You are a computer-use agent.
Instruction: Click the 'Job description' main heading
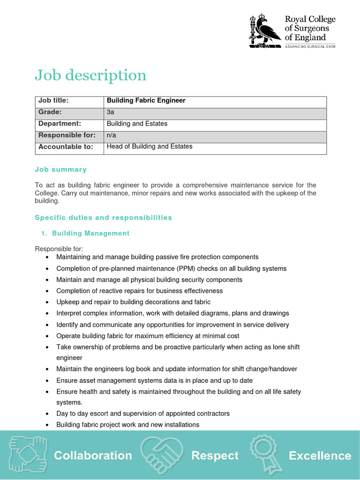point(90,75)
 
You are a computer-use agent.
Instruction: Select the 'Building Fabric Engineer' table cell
point(146,100)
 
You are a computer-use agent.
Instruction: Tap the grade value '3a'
point(111,112)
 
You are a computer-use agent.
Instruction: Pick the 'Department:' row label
point(60,124)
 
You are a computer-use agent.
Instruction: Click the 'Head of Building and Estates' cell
point(150,147)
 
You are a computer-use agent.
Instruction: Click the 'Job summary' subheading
point(61,169)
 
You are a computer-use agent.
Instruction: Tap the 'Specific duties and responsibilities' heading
point(104,217)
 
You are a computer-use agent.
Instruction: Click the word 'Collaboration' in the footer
point(93,455)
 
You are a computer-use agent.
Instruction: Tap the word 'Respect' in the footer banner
point(215,455)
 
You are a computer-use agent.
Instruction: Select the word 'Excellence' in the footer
point(320,455)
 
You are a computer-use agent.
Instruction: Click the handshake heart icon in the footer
point(161,454)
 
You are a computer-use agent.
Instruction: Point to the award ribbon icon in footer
point(265,453)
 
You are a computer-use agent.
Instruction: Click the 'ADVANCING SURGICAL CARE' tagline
point(310,46)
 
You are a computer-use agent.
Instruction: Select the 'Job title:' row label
point(53,100)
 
